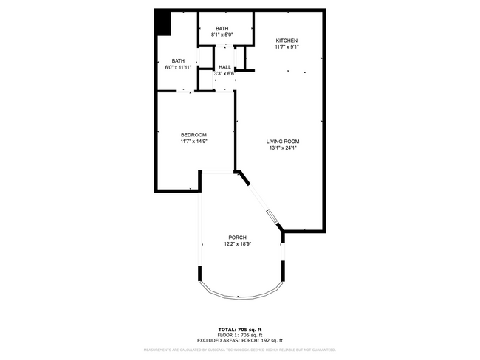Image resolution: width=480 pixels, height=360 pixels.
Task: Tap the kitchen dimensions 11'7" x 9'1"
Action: coord(287,47)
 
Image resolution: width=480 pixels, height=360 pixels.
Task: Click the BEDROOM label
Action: coord(193,134)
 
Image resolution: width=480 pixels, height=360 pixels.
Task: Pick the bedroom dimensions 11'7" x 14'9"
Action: coord(193,142)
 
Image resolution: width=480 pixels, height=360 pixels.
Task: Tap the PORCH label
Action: coord(237,237)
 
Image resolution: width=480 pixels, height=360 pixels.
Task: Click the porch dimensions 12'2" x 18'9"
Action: coord(237,244)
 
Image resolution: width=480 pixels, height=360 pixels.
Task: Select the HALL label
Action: coord(224,67)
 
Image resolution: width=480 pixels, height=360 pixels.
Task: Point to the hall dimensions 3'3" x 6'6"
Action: coord(224,74)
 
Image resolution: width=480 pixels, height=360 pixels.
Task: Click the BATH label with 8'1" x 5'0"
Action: coord(222,28)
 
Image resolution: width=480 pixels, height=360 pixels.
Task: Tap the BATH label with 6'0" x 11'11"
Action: coord(178,60)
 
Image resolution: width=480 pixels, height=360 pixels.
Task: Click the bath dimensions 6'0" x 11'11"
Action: coord(178,67)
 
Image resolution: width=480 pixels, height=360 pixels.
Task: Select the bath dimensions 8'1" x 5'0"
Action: coord(222,35)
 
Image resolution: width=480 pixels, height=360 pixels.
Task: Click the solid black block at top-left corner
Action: coord(163,21)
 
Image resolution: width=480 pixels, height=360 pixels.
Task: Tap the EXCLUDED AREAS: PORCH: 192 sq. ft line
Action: coord(239,340)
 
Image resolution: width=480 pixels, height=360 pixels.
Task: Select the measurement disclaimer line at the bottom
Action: coord(239,350)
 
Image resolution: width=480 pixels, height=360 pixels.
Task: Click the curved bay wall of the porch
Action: coord(239,297)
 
